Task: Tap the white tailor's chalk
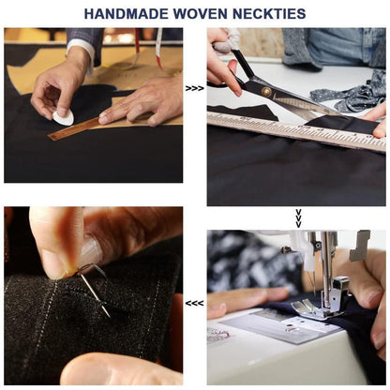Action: [x=64, y=117]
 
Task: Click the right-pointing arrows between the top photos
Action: [x=194, y=88]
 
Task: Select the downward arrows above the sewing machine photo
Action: [x=298, y=218]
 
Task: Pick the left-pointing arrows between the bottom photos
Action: [x=194, y=303]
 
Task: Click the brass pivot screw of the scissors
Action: [x=266, y=91]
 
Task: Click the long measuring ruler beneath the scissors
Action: [x=297, y=131]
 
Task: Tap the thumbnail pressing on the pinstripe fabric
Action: [x=91, y=251]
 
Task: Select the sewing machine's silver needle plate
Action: [x=281, y=326]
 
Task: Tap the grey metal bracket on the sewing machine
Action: [x=359, y=246]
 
